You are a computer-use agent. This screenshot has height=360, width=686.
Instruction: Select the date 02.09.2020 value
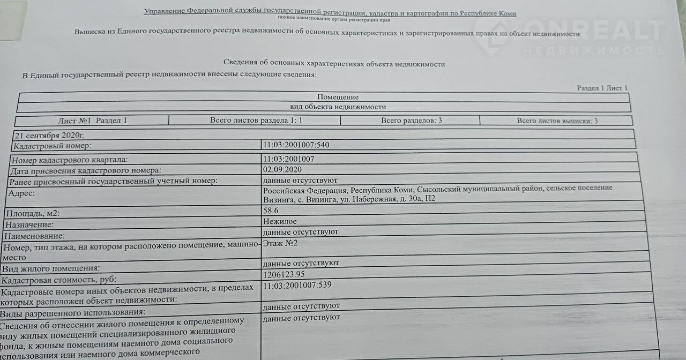[282, 170]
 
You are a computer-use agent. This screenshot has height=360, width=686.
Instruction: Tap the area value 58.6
[271, 211]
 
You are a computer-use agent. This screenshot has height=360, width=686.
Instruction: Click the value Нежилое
[279, 221]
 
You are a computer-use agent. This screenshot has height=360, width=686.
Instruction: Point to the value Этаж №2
[279, 243]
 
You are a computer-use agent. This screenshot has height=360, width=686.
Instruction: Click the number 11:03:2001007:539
[297, 284]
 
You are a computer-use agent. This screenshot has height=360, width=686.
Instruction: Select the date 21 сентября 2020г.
[50, 134]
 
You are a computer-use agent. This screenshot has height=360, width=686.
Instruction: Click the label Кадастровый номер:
[52, 146]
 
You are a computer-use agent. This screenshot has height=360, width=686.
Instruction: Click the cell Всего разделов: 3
[411, 121]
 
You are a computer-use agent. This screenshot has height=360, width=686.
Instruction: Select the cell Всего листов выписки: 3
[557, 121]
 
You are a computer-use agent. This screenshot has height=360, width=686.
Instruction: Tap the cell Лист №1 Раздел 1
[92, 121]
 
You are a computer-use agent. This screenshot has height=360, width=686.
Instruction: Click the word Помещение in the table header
[338, 97]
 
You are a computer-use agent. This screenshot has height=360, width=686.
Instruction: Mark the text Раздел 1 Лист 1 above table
[602, 88]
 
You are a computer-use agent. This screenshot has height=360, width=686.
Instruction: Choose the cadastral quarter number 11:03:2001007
[288, 159]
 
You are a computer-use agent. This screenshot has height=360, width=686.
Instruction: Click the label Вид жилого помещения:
[51, 268]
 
